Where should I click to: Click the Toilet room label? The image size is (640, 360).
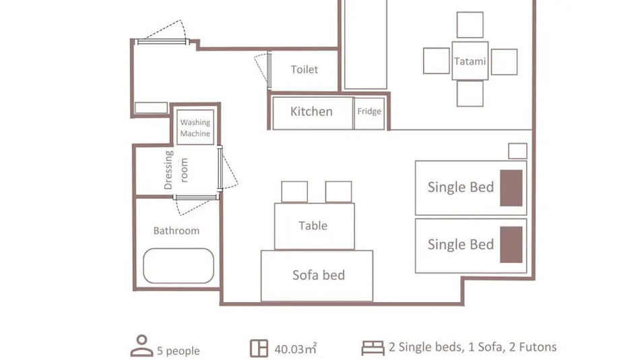click(x=304, y=69)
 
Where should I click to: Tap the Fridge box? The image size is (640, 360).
click(x=369, y=113)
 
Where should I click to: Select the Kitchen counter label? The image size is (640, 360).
click(x=311, y=111)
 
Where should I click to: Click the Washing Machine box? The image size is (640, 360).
click(x=195, y=127)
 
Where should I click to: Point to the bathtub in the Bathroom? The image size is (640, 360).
click(x=179, y=266)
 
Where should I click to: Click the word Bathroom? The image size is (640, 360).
click(x=177, y=231)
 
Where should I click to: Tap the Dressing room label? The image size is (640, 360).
click(x=176, y=170)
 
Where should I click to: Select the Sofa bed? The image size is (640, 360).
click(x=317, y=276)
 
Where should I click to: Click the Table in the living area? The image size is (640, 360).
click(x=315, y=226)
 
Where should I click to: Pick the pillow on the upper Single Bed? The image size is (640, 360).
click(x=511, y=188)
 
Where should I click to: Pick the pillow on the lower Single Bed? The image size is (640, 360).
click(x=511, y=244)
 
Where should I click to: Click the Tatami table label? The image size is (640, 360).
click(x=470, y=61)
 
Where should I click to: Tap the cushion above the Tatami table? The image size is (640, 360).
click(x=470, y=25)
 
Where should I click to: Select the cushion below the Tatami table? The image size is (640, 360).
click(x=470, y=94)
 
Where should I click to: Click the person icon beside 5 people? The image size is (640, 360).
click(x=141, y=346)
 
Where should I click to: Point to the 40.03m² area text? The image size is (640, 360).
click(x=296, y=349)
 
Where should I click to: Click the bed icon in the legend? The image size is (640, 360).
click(x=373, y=348)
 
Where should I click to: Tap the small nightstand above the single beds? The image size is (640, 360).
click(x=517, y=151)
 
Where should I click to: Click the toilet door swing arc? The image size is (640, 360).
click(x=259, y=69)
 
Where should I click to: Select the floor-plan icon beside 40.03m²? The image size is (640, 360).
click(x=259, y=349)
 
